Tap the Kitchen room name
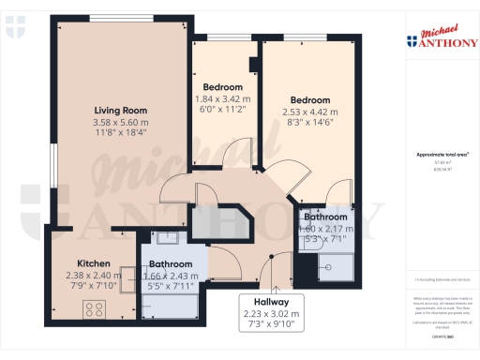click(94, 263)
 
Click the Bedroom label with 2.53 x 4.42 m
click(309, 100)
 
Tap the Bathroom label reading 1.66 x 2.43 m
click(171, 277)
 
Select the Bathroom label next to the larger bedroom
click(325, 217)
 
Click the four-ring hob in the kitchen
click(96, 307)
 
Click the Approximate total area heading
click(442, 154)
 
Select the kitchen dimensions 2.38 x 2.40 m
click(94, 276)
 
